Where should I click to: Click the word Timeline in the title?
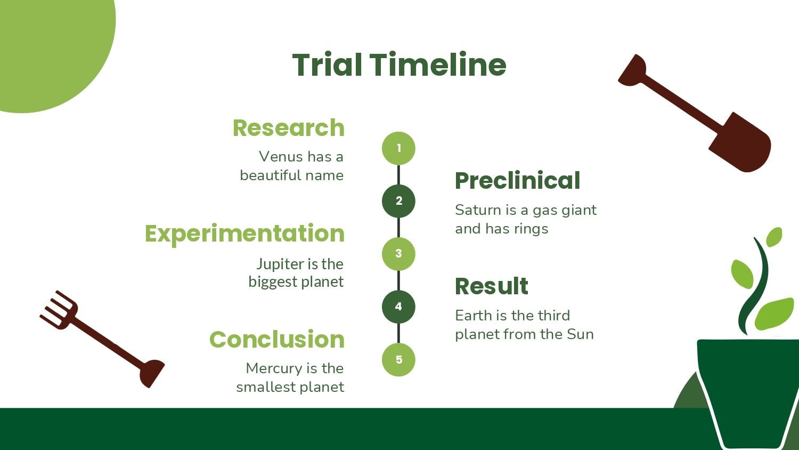tap(438, 65)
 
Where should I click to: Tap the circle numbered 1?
tap(398, 148)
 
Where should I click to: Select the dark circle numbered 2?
tap(398, 201)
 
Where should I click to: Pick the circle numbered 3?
tap(398, 254)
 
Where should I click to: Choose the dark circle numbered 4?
tap(398, 307)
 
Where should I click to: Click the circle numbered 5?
tap(398, 360)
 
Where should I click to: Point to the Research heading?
tap(289, 128)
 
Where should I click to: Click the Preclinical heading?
tap(518, 180)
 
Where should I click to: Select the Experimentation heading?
tap(244, 234)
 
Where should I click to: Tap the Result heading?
tap(492, 286)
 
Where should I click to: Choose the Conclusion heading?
tap(277, 339)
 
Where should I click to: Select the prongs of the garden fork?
tap(59, 309)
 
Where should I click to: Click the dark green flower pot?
tap(747, 393)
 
